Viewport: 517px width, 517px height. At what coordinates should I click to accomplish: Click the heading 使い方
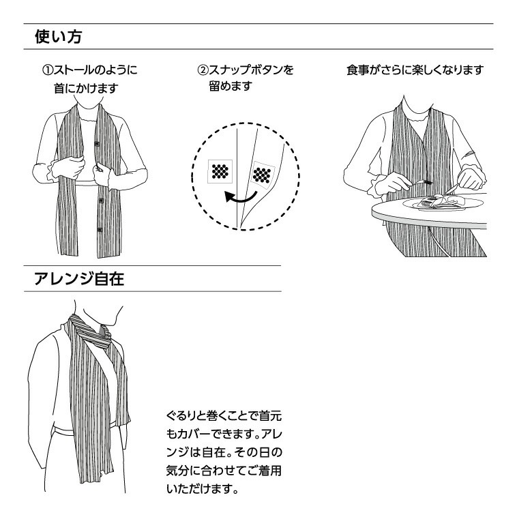[59, 37]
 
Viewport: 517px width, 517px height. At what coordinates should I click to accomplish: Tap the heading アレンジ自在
[78, 279]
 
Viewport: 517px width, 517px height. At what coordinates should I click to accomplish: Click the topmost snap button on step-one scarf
[96, 144]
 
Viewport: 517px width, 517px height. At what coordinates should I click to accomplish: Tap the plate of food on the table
[437, 203]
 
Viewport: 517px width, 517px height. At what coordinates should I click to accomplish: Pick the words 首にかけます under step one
[87, 88]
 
